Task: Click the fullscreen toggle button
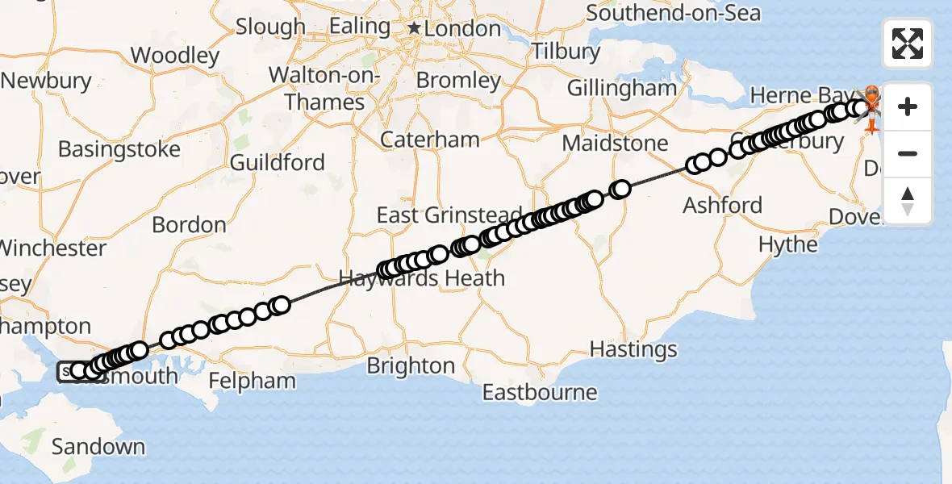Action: (908, 44)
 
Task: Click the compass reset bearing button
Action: (908, 201)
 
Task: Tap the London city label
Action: (463, 29)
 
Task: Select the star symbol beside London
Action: (414, 29)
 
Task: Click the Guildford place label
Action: (278, 163)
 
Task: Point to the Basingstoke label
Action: (119, 149)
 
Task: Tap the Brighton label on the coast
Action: (411, 366)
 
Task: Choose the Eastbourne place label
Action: (540, 393)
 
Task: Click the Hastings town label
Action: (633, 349)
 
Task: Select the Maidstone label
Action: (616, 144)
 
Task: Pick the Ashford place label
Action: (722, 205)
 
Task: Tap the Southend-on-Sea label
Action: (673, 13)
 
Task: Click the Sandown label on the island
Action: (98, 446)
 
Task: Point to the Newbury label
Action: (47, 81)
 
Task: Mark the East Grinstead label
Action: (449, 215)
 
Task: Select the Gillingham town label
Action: (622, 88)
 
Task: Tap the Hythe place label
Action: (788, 244)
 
